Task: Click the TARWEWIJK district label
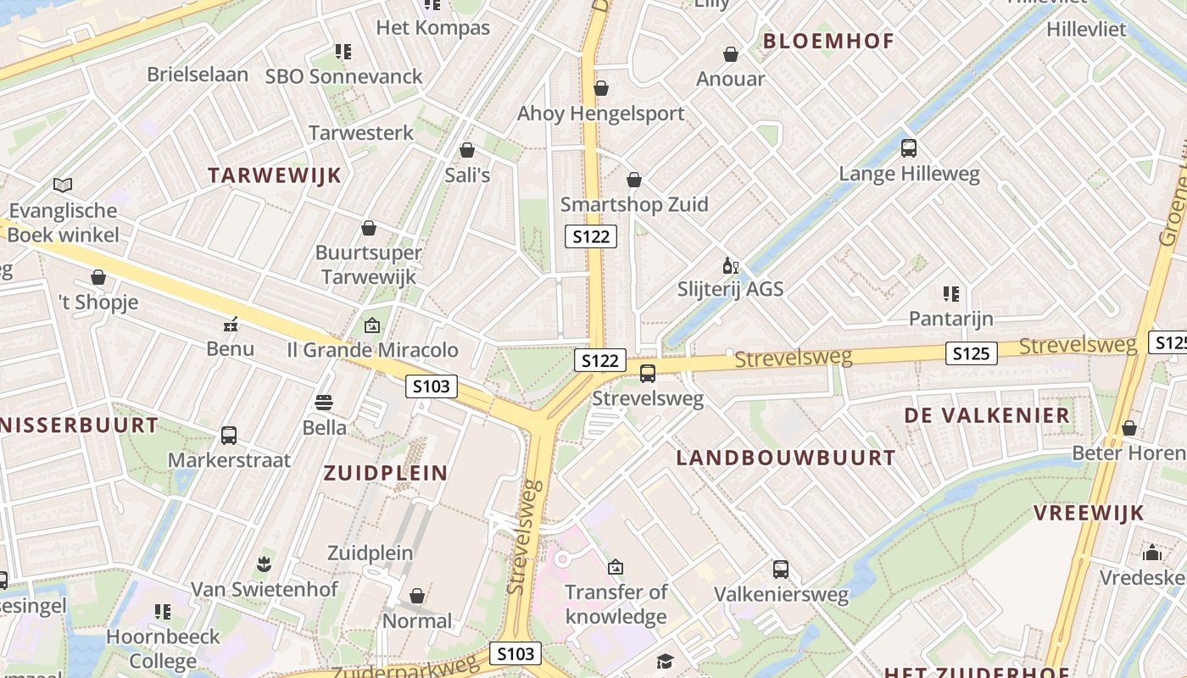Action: [274, 175]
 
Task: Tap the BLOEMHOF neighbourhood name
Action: [828, 41]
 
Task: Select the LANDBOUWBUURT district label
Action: [785, 458]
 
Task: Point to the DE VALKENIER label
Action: [987, 415]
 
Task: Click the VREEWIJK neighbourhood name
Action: [1089, 513]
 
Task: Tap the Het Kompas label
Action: [432, 27]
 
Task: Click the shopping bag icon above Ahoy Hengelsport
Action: [601, 88]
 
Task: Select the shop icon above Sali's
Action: [467, 150]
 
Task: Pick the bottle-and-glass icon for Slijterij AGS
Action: [730, 265]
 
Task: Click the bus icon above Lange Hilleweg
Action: [909, 148]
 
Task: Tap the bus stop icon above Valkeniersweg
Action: [781, 570]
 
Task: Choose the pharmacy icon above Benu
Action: [230, 324]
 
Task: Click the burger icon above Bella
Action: [324, 402]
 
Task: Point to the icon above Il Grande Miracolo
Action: [371, 325]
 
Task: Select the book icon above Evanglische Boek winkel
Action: [63, 184]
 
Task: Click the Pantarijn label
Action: [950, 319]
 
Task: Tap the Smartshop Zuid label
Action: [633, 204]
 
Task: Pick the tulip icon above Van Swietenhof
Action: [264, 564]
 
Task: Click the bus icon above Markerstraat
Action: [229, 436]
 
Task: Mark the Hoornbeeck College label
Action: [163, 647]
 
